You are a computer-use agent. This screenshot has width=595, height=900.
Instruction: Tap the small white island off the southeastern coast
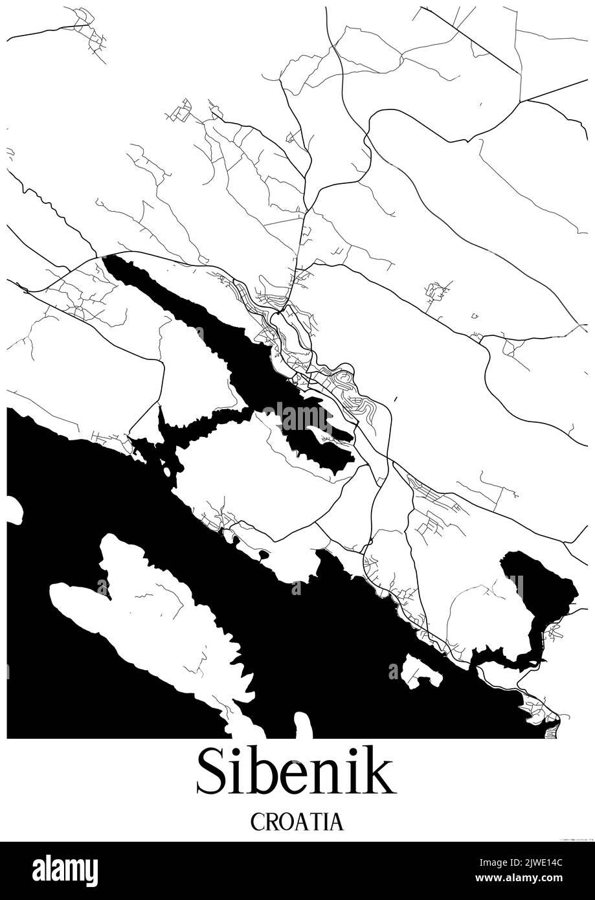pos(419,670)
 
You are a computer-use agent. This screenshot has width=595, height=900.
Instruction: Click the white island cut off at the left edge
pos(13,510)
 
